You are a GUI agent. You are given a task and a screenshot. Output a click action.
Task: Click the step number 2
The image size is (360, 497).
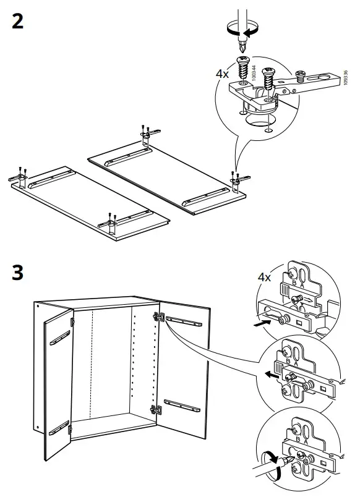[x=18, y=22]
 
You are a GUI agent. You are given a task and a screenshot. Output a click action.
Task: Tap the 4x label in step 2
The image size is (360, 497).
[x=222, y=73]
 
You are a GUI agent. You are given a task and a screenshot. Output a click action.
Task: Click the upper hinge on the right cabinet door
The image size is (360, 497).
[x=158, y=317]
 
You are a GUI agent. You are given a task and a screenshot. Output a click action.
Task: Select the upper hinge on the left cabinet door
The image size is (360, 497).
[x=72, y=322]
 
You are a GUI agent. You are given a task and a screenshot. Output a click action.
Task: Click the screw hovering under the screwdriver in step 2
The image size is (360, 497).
[x=243, y=66]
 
